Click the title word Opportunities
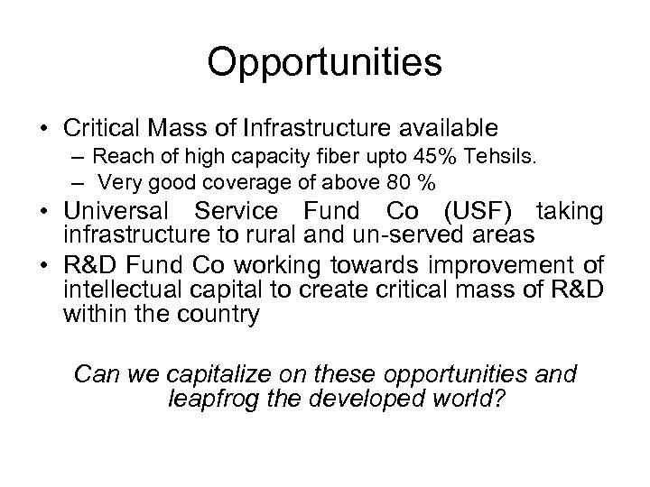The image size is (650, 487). [325, 63]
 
